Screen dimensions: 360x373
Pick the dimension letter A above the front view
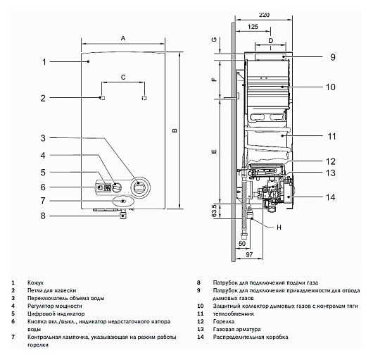[x=123, y=37]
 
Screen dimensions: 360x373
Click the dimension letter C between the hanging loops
[x=123, y=75]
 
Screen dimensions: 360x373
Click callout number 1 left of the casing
[x=44, y=62]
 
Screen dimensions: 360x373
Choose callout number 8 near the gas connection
[x=43, y=217]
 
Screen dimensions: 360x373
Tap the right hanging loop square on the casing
[x=145, y=97]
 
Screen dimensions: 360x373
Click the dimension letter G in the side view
[x=214, y=42]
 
